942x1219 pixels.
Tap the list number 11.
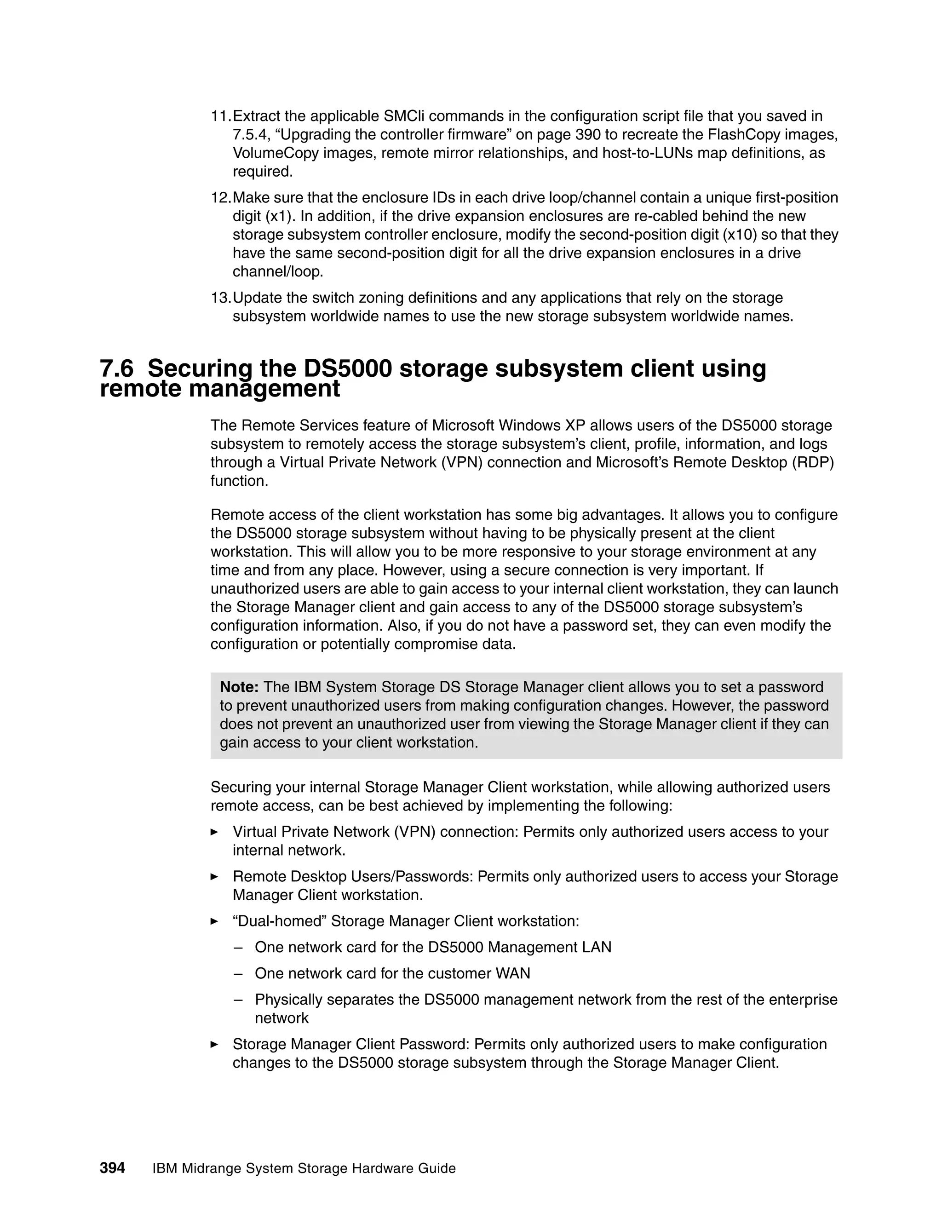219,116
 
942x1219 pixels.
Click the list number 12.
219,198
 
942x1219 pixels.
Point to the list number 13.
219,298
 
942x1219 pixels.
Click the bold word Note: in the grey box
239,687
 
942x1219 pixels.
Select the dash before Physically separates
239,1000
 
